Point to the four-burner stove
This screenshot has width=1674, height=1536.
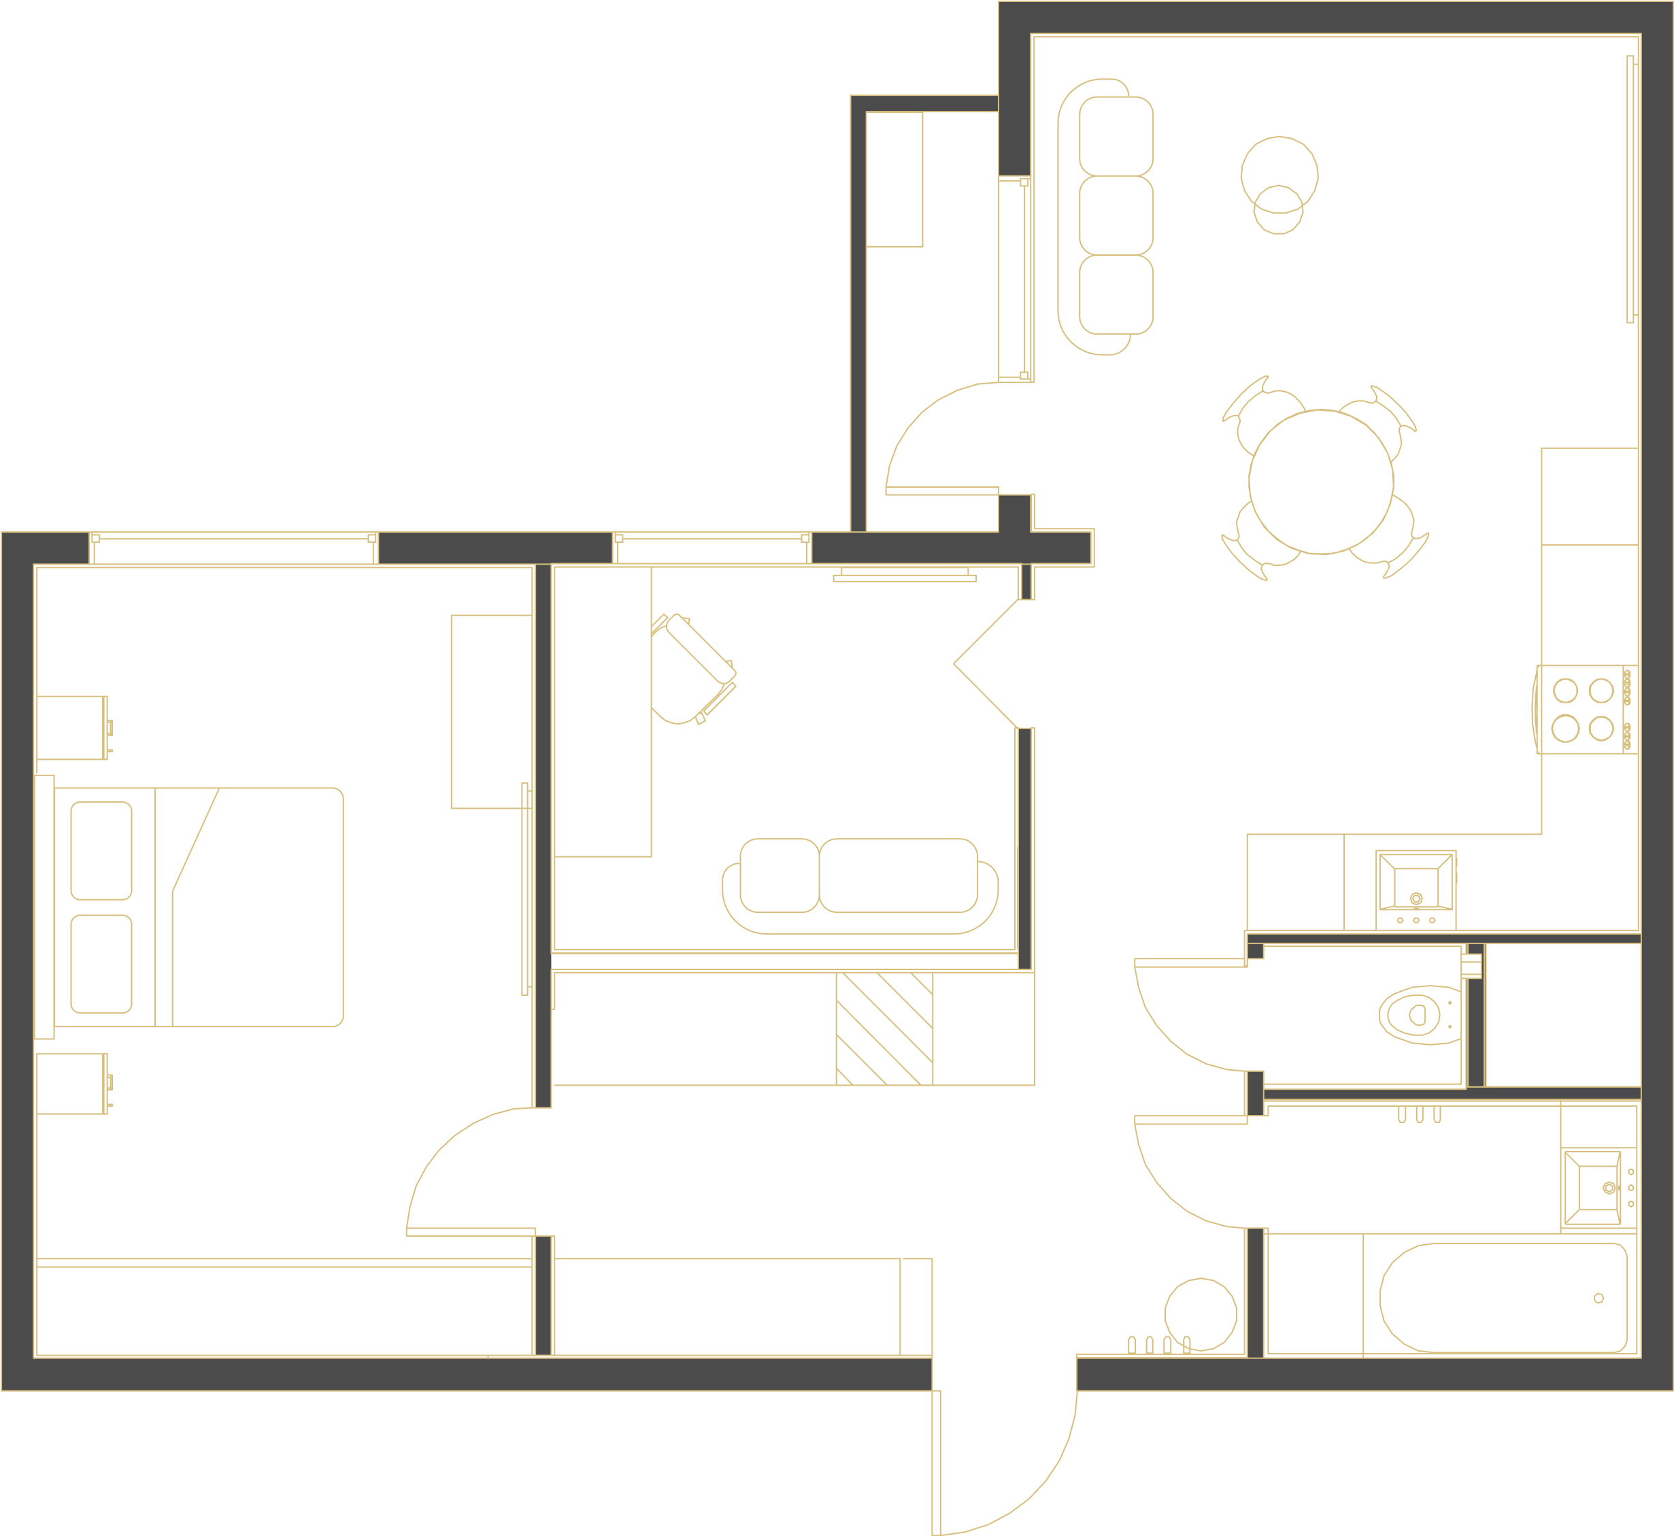(x=1586, y=709)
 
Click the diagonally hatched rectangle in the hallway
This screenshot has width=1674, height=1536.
(x=884, y=1028)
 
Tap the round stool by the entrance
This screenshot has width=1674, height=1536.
(x=1200, y=1314)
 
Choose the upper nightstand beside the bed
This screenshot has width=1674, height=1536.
(x=72, y=727)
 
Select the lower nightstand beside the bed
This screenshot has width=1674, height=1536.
(x=72, y=1084)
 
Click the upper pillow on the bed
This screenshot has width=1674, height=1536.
(x=101, y=850)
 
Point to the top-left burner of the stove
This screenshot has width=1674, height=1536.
(x=1565, y=690)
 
